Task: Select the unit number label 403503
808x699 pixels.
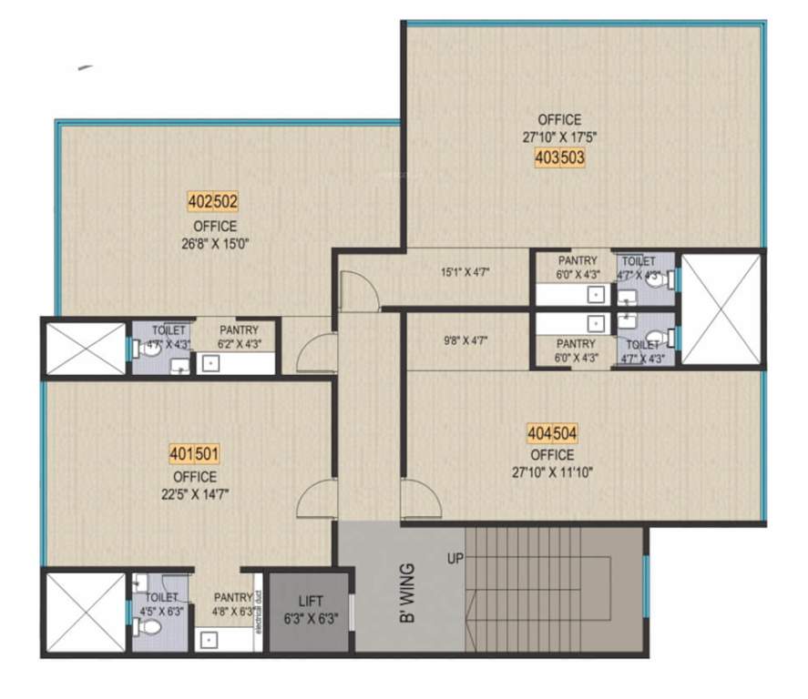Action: click(559, 157)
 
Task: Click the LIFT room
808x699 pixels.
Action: click(310, 611)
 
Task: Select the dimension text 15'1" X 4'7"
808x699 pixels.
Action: click(465, 270)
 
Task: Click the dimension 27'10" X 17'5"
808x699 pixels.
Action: click(559, 138)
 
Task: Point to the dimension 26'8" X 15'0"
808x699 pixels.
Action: click(214, 244)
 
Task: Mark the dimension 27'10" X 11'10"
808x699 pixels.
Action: click(553, 472)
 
